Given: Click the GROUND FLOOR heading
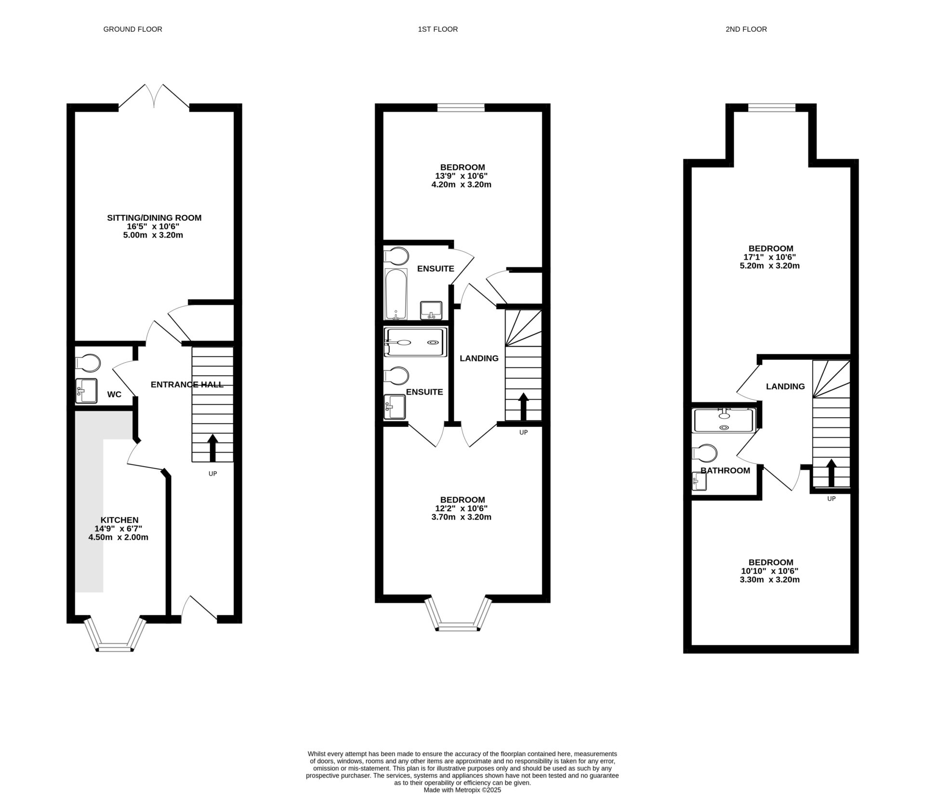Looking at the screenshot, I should [x=132, y=29].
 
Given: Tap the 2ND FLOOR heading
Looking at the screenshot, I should [x=746, y=29].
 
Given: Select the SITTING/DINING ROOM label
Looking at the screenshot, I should [x=154, y=218].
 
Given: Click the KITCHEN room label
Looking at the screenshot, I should [x=119, y=520].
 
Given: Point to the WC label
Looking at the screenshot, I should [x=114, y=395].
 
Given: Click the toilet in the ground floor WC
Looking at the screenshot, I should [x=88, y=363].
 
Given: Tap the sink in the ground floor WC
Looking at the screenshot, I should [x=87, y=391].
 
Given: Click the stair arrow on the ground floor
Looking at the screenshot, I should [x=212, y=448].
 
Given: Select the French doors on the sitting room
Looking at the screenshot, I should [x=154, y=96].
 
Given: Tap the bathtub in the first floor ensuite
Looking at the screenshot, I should [x=396, y=294].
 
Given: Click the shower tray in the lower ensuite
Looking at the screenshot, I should [x=415, y=343].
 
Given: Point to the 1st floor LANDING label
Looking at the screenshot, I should [x=479, y=358].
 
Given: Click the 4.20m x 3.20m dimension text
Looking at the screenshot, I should [x=462, y=185].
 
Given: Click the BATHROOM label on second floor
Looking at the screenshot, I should [x=725, y=471].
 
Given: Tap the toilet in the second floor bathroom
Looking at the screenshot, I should [x=704, y=453].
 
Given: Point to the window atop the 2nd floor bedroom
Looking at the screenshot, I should [x=771, y=108].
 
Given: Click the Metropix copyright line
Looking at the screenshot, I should [x=462, y=790].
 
